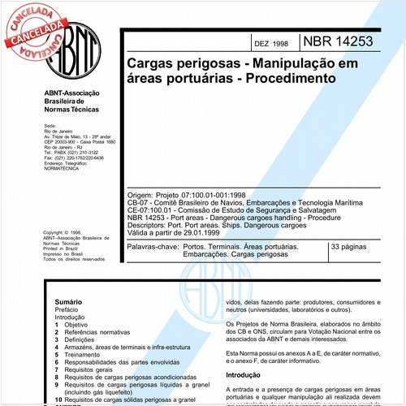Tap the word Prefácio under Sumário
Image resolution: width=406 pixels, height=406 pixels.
pyautogui.click(x=58, y=309)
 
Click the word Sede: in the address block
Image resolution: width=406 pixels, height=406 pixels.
pyautogui.click(x=50, y=127)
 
